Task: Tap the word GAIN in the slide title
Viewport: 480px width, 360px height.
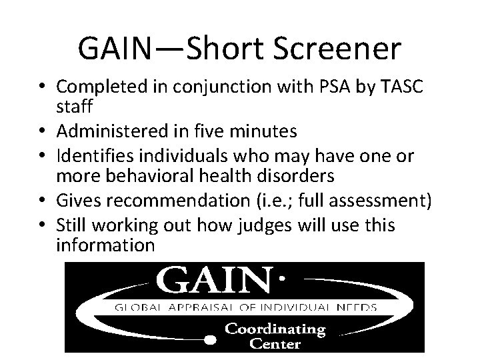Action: (114, 48)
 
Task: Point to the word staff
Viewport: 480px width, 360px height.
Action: (76, 107)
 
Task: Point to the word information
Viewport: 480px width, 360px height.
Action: (106, 245)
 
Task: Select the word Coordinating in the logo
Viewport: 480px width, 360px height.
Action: (275, 329)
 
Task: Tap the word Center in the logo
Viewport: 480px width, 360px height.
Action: (276, 344)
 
